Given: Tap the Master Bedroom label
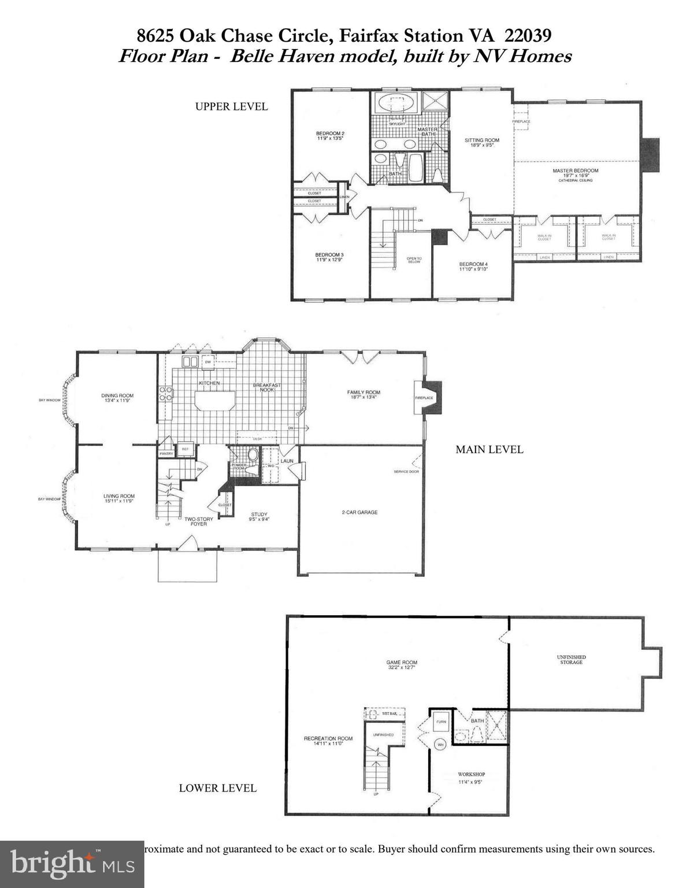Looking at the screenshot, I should pyautogui.click(x=575, y=171).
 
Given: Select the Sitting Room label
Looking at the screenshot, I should pyautogui.click(x=481, y=140).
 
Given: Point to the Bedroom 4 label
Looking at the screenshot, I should pyautogui.click(x=473, y=265).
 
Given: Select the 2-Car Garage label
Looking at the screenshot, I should pyautogui.click(x=359, y=512).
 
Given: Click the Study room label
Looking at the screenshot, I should pyautogui.click(x=259, y=515).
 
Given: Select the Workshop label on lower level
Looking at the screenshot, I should pyautogui.click(x=471, y=774).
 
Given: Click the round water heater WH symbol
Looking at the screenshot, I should pyautogui.click(x=440, y=744).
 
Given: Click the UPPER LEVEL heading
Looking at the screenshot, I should pyautogui.click(x=231, y=106).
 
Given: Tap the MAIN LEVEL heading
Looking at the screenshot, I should pyautogui.click(x=489, y=449).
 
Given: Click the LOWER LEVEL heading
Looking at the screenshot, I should pyautogui.click(x=217, y=787).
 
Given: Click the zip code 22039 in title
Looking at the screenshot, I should pyautogui.click(x=528, y=36).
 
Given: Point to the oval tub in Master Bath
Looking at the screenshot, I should pyautogui.click(x=396, y=105).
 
